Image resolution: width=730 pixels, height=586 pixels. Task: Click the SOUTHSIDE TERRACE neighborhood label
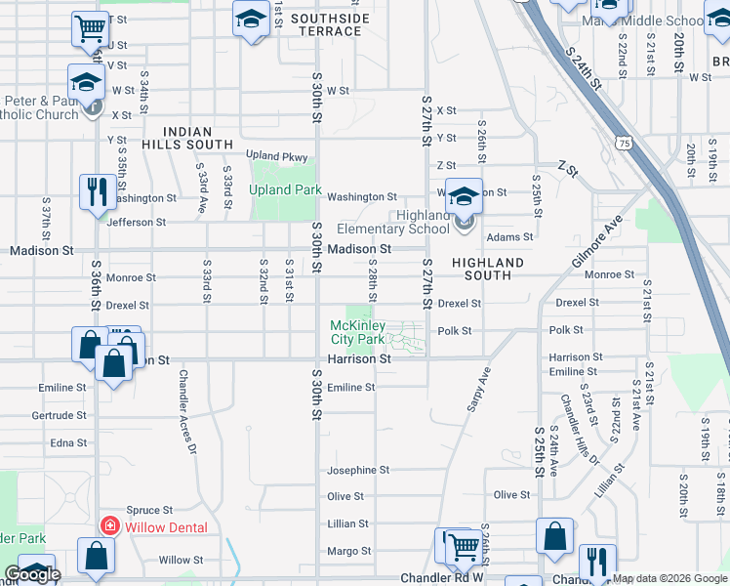(330, 25)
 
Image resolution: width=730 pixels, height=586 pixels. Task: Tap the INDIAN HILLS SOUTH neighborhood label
(198, 137)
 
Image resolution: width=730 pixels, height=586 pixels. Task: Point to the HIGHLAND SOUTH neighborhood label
(488, 270)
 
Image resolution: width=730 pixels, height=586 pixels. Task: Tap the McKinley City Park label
(357, 332)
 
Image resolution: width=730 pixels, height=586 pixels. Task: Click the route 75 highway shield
(624, 144)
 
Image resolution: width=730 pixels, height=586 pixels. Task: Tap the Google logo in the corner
(31, 574)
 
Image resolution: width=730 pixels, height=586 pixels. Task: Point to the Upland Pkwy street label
(276, 156)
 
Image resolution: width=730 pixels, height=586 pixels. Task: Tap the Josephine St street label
(358, 470)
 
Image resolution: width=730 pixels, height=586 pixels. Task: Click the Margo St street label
(348, 551)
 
